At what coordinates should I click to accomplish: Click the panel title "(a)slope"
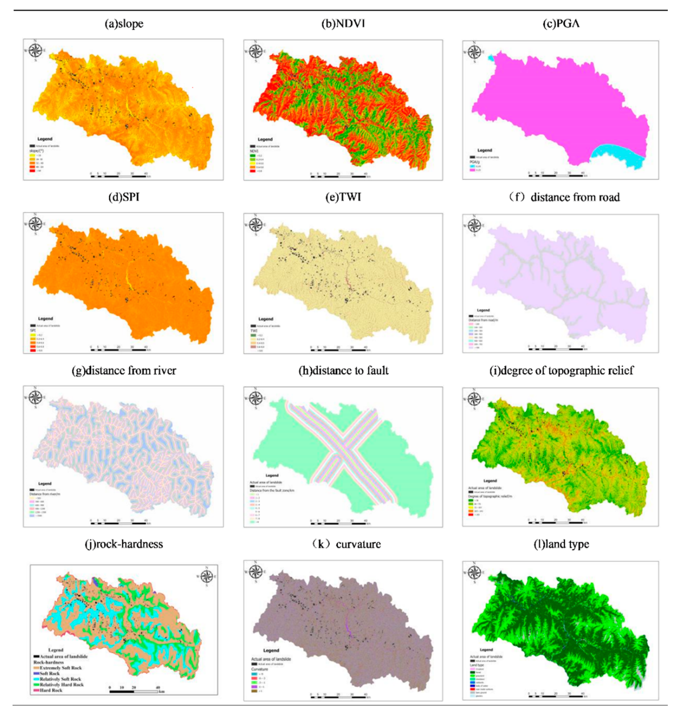click(x=124, y=24)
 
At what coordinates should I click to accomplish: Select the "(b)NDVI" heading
click(x=343, y=24)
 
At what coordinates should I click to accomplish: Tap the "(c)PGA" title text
click(x=561, y=24)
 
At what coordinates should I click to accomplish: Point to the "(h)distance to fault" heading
click(x=343, y=371)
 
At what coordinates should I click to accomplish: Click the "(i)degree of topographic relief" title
click(x=561, y=371)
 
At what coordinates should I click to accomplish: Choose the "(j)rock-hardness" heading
click(x=124, y=544)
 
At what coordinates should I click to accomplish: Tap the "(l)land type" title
click(x=561, y=544)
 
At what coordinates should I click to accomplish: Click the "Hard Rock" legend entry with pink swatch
click(x=51, y=690)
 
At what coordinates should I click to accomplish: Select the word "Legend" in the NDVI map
click(x=265, y=139)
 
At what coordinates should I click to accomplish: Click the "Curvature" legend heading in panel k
click(x=259, y=669)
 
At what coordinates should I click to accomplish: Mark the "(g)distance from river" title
click(x=124, y=371)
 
